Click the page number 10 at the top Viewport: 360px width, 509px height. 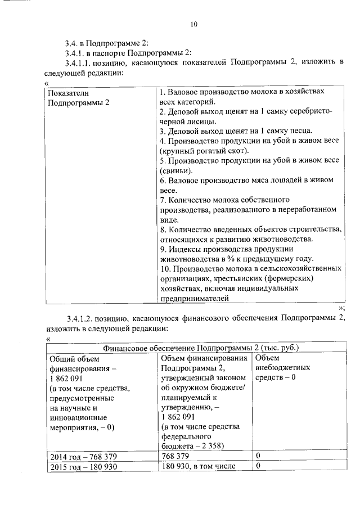coord(194,24)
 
